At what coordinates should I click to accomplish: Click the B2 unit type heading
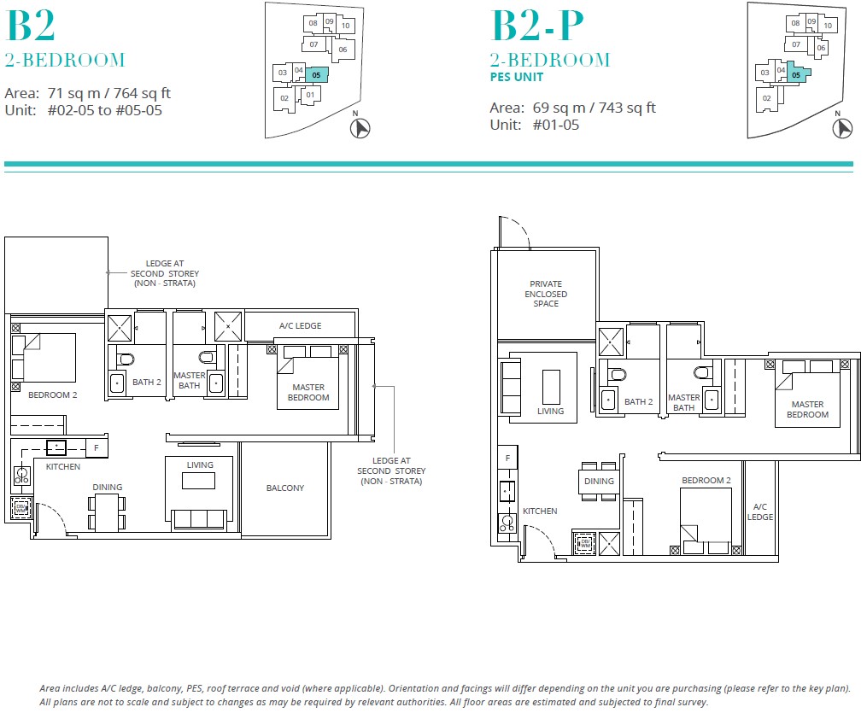[31, 26]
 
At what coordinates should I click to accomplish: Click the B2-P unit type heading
[537, 26]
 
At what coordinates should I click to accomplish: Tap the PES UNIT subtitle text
[516, 78]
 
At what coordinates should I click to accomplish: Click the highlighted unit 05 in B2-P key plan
[796, 75]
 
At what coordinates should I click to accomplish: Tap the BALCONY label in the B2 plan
[285, 488]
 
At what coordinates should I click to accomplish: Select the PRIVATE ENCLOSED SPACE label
[546, 294]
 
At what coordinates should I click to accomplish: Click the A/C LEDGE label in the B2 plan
[299, 326]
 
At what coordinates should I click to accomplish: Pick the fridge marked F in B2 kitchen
[96, 447]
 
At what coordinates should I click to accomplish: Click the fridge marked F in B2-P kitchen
[507, 459]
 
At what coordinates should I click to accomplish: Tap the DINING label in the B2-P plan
[599, 481]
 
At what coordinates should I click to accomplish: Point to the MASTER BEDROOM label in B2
[308, 393]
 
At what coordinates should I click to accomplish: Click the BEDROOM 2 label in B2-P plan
[706, 481]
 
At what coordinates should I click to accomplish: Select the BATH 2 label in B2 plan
[147, 382]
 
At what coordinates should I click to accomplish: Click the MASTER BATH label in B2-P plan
[684, 402]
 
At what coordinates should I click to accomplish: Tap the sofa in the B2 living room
[199, 519]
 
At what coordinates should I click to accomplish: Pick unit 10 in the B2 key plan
[345, 26]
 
